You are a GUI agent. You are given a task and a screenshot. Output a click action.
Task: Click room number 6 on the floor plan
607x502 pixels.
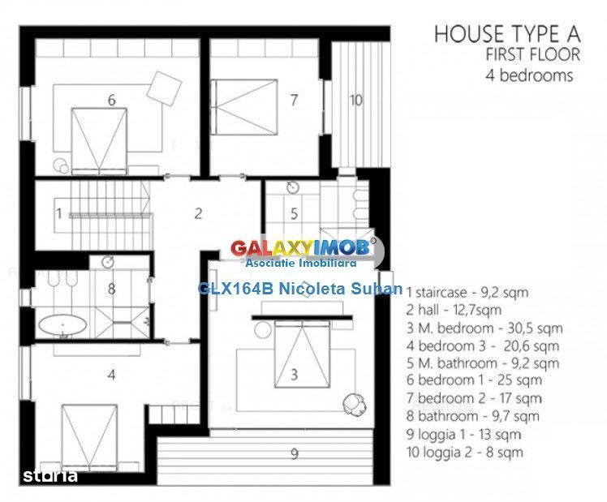pos(111,101)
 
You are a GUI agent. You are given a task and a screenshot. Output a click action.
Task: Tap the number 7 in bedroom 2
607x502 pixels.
pos(295,101)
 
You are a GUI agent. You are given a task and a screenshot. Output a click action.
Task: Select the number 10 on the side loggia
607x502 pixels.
pos(355,101)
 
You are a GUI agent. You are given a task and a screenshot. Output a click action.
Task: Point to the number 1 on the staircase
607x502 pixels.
pos(59,213)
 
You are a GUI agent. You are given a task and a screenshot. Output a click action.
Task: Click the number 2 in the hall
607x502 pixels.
pos(198,213)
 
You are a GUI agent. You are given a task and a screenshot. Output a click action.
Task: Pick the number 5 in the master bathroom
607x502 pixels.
pos(295,213)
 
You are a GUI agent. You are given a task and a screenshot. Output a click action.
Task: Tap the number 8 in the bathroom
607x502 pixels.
pos(111,289)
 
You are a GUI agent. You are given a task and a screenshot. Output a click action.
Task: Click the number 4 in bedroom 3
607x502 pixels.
pos(111,375)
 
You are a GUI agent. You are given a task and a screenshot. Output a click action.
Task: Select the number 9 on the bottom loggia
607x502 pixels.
pos(295,453)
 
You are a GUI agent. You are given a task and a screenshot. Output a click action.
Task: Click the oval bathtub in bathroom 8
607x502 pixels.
pos(62,325)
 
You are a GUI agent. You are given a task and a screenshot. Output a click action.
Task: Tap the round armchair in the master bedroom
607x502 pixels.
pos(354,403)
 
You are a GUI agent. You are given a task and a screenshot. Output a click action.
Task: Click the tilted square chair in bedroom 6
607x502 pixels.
pos(164,88)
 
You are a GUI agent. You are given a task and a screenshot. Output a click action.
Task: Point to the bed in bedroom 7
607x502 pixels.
pos(244,107)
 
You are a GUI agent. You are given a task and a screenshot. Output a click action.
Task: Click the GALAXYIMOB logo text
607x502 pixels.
pos(300,248)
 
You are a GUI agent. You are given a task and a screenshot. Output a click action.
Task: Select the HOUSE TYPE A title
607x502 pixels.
pos(507,34)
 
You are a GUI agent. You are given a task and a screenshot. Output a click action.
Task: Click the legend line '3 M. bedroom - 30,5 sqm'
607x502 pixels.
pos(484,328)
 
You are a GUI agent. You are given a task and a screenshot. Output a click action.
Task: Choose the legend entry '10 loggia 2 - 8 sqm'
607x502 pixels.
pos(464,452)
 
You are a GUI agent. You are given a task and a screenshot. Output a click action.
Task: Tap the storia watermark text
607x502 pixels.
pos(50,476)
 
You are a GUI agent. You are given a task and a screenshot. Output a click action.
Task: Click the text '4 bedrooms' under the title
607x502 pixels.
pos(529,75)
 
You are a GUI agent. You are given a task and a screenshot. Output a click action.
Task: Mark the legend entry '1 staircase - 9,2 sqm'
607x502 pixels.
pos(467,293)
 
